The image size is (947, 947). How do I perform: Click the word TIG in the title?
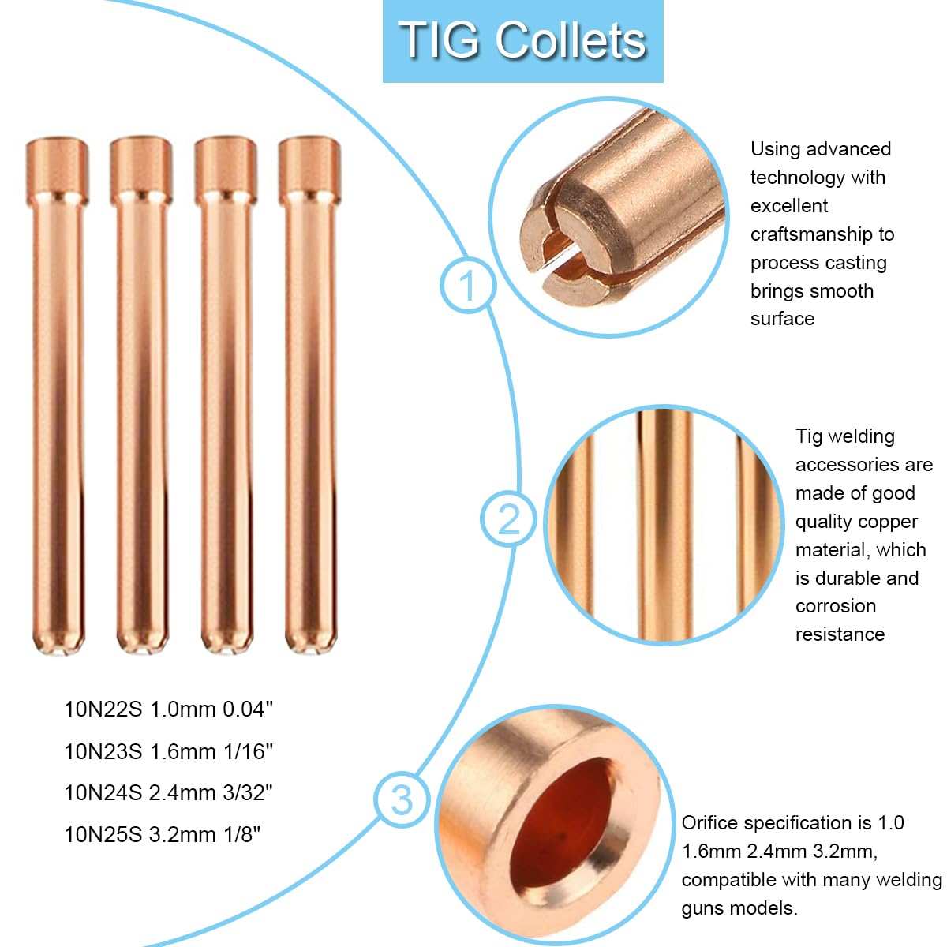click(439, 40)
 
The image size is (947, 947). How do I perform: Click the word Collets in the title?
click(570, 40)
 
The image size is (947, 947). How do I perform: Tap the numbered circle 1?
click(467, 285)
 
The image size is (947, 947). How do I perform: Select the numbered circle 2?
click(508, 518)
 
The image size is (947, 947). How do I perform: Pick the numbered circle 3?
click(402, 799)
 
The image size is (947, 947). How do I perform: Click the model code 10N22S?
click(103, 709)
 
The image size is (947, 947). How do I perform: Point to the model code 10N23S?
click(103, 752)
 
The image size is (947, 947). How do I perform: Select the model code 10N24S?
click(103, 793)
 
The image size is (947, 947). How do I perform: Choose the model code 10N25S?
click(103, 834)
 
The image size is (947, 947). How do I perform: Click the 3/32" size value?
click(247, 792)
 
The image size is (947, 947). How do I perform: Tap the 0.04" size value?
click(247, 709)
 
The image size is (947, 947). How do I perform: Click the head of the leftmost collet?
click(57, 170)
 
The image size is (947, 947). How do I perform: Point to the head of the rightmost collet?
click(309, 170)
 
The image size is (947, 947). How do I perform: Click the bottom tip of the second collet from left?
click(142, 652)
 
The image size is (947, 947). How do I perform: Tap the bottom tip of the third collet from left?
click(226, 652)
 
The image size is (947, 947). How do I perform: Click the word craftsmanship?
click(822, 234)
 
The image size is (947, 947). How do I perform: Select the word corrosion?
click(836, 606)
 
